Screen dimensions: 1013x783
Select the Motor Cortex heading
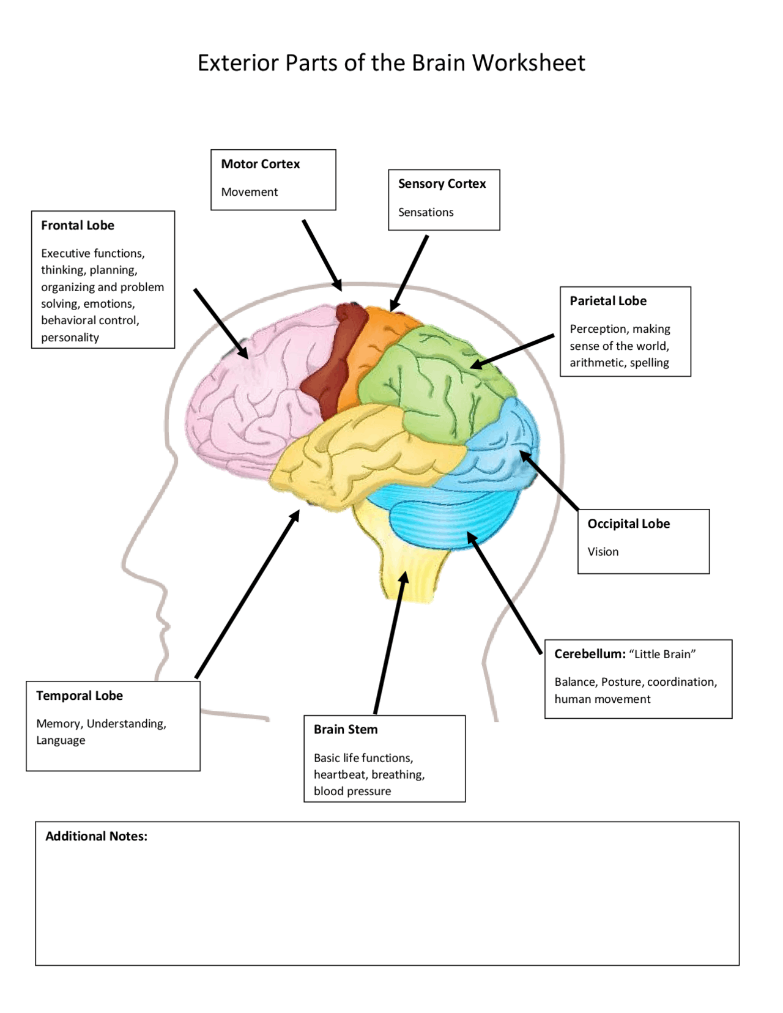coord(260,164)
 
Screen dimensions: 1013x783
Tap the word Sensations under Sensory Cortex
coord(426,212)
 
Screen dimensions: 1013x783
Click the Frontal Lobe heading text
coord(77,225)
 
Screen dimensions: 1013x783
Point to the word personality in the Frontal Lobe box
coord(70,337)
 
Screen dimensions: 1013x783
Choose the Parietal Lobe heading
coord(607,301)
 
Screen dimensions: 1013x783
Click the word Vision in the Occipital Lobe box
coord(603,552)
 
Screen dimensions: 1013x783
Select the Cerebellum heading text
coord(589,654)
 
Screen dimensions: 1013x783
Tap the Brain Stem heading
coord(345,729)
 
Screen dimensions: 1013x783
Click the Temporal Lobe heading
coord(79,696)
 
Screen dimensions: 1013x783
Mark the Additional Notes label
coord(96,836)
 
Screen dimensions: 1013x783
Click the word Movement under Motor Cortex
coord(249,192)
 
